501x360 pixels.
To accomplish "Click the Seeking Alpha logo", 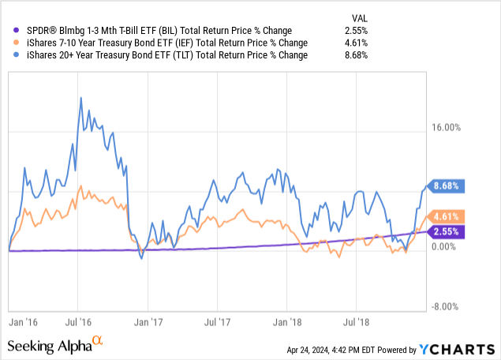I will pos(55,346).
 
